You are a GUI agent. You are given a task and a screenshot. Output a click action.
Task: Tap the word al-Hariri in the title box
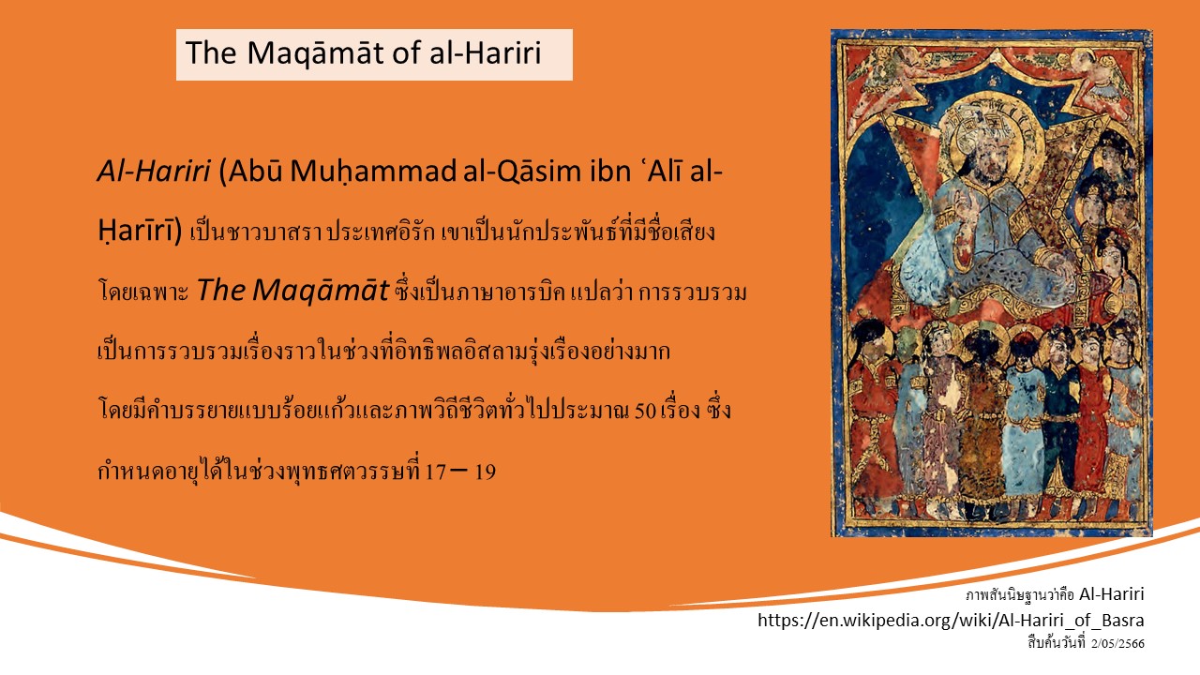point(485,52)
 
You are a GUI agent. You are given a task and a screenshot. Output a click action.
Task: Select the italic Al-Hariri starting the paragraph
point(154,172)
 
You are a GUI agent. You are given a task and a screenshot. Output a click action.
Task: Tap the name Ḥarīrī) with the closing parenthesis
point(141,232)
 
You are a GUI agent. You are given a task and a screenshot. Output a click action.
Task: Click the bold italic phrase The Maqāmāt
point(292,291)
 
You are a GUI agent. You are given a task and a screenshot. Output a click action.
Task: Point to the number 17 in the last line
point(435,472)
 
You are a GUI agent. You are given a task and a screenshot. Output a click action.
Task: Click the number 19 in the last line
point(486,472)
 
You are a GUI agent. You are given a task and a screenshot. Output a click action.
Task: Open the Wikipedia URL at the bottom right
point(951,621)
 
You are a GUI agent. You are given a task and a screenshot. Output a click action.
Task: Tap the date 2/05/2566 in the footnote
point(1117,644)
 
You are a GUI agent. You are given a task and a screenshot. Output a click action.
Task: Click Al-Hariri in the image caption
point(1111,594)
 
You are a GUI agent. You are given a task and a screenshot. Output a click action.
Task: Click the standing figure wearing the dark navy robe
point(1060,412)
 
